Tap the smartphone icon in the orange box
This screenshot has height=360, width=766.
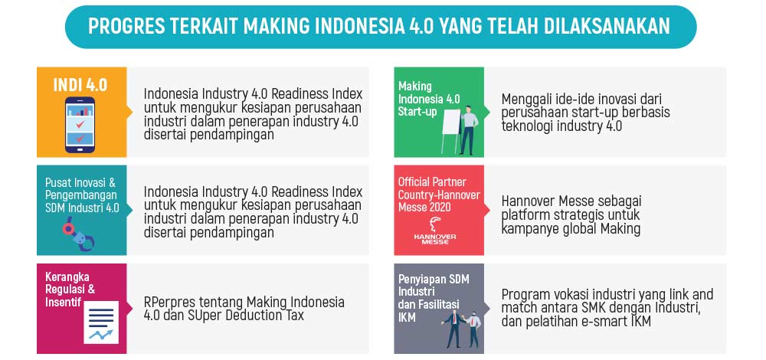80,125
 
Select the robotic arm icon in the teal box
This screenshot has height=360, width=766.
78,234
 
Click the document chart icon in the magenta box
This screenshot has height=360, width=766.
101,322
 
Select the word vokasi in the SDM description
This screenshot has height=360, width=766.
570,295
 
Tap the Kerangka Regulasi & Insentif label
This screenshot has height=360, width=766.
70,289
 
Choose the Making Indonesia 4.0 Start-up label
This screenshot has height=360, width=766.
429,99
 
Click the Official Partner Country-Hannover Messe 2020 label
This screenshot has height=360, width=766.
439,195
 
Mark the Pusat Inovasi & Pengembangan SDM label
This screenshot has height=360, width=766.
82,195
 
